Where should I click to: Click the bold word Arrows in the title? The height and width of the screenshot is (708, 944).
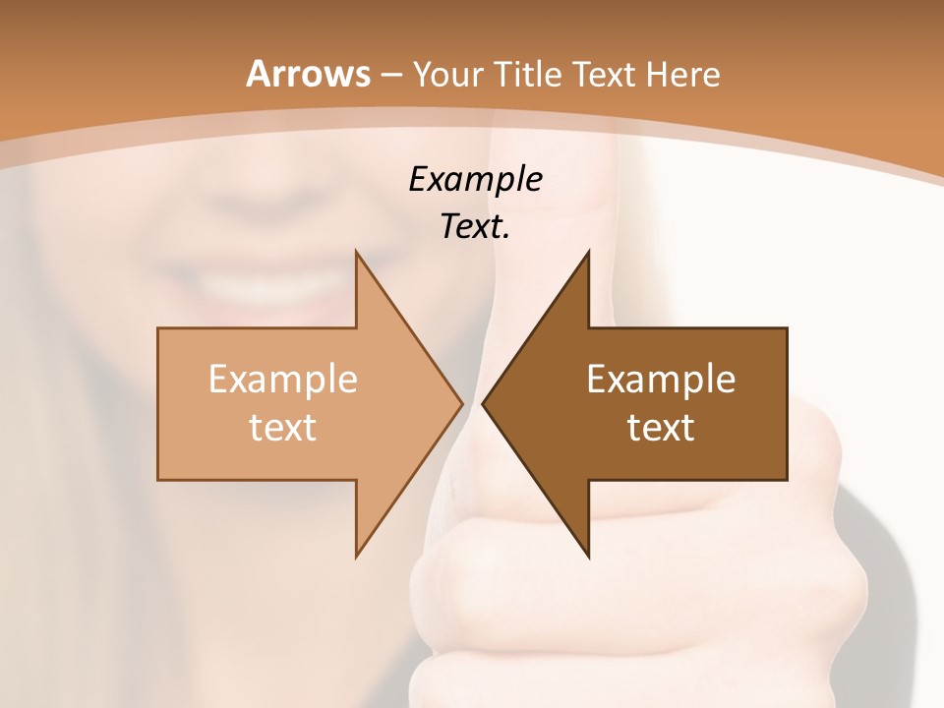308,75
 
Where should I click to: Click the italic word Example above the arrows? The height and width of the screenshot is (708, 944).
475,179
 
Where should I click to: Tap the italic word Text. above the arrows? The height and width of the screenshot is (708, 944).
475,227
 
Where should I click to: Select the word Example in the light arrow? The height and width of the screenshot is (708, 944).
282,379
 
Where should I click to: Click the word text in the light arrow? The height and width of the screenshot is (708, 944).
282,428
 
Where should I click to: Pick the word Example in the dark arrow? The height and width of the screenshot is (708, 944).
661,379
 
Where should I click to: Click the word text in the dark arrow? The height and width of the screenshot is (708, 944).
661,428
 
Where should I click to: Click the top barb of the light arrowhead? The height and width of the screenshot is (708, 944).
358,256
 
